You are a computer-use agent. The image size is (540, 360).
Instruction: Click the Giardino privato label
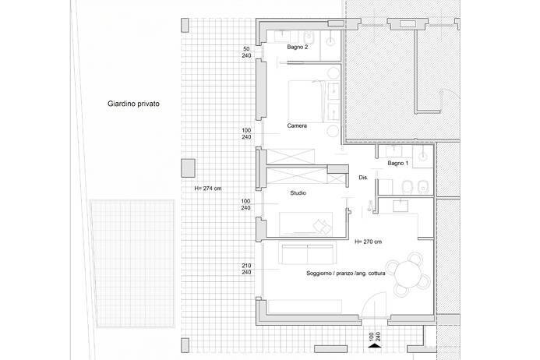(133, 103)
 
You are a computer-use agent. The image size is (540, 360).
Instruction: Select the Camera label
(297, 125)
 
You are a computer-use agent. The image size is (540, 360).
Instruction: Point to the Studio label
(297, 192)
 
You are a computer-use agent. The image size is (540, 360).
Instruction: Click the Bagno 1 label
(397, 164)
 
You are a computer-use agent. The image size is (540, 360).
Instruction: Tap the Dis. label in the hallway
(363, 178)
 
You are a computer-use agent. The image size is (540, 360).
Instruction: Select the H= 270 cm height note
(368, 242)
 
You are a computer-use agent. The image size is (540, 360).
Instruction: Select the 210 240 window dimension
(246, 269)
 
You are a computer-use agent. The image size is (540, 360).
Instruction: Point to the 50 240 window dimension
(246, 53)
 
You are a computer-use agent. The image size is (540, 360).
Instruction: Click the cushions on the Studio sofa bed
(319, 224)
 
